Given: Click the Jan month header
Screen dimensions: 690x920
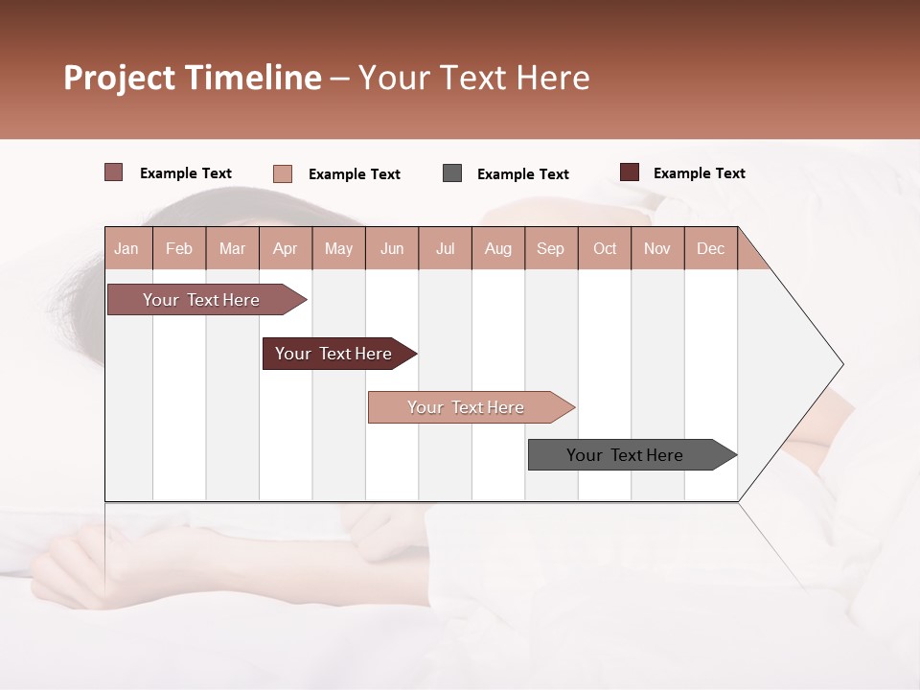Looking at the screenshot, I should [126, 248].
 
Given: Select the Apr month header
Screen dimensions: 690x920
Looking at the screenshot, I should [285, 248].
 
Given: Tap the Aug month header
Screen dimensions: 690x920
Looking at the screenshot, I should [497, 248].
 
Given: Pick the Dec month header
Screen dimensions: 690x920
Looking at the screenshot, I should [710, 248].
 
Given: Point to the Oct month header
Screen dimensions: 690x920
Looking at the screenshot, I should [605, 248].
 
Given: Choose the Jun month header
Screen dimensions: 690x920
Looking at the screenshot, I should [391, 248].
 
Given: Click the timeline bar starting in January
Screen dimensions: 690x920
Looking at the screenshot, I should [202, 300].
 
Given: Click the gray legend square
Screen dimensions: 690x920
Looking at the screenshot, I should [452, 173].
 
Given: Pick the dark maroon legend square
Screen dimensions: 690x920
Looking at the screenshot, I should [629, 172].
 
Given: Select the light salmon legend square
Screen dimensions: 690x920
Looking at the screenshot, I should [283, 173].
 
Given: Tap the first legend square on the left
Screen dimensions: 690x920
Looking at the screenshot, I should [113, 172].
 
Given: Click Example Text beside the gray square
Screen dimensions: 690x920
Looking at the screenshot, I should [522, 174].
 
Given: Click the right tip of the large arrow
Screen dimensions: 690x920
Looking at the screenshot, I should [841, 364].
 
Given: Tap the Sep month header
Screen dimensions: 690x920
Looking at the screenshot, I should [550, 248].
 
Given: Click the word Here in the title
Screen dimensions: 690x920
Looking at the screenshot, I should [553, 78].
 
